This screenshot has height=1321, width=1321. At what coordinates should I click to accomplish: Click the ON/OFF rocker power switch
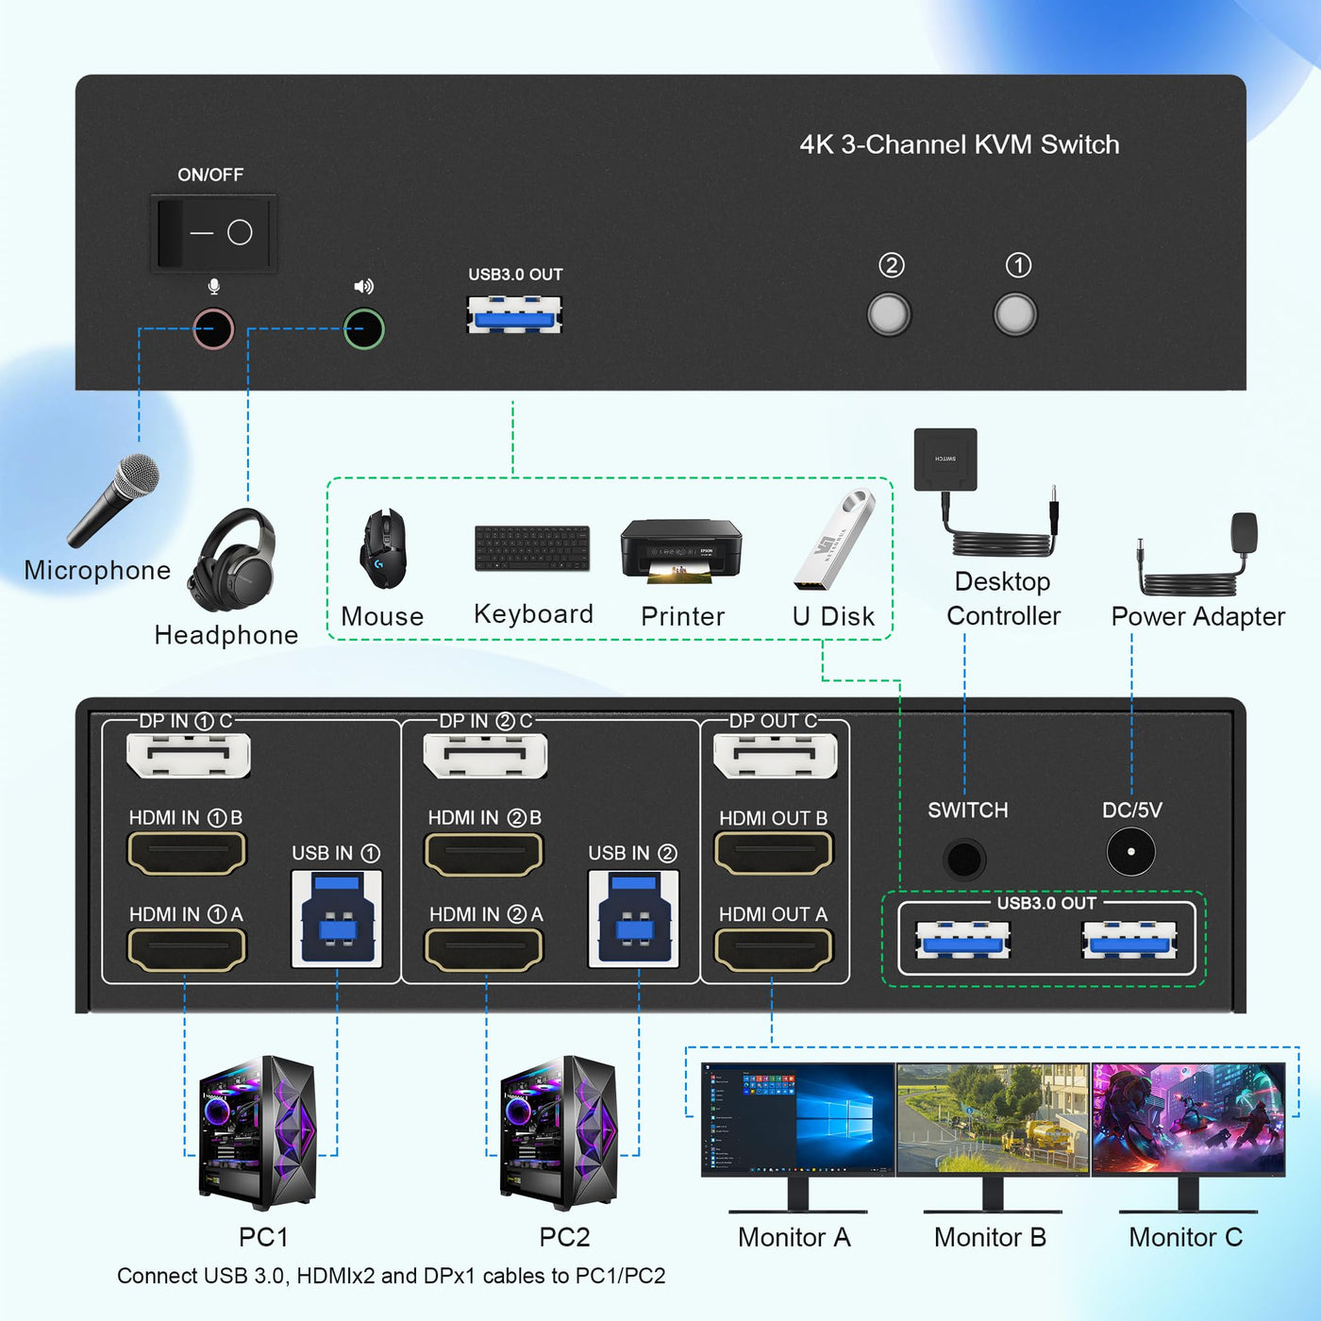click(213, 232)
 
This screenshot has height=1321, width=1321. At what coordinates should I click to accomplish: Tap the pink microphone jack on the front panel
click(213, 329)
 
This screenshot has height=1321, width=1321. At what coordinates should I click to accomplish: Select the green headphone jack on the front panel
click(364, 329)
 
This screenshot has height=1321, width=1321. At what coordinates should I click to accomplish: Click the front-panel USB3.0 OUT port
click(514, 314)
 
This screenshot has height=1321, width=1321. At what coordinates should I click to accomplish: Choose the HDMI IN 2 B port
click(484, 855)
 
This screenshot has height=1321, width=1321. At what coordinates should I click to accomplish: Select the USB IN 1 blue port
click(337, 919)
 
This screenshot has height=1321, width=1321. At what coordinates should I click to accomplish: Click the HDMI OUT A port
click(774, 949)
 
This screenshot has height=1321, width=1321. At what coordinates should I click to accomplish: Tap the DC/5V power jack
click(1130, 852)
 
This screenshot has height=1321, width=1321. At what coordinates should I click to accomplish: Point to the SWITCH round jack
click(964, 859)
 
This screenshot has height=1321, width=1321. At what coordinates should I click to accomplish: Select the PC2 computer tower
click(560, 1132)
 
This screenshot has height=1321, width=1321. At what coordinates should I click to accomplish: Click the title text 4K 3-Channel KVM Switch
click(960, 144)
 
